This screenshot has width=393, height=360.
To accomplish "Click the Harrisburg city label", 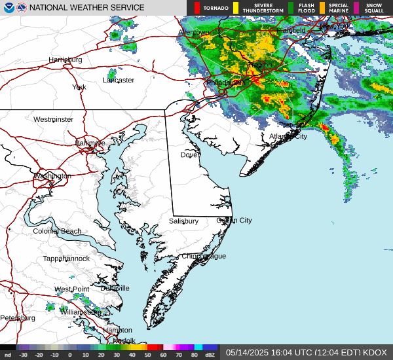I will coord(65,60).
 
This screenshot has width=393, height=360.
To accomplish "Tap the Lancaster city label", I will coord(119,81).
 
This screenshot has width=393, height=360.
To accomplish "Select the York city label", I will coord(79,87).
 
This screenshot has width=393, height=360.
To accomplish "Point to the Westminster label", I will coord(53,119).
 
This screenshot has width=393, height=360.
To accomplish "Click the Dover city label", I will coord(191,155).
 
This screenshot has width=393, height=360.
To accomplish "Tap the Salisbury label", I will coord(183,221).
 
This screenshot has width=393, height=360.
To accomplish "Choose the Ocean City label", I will coord(234,221).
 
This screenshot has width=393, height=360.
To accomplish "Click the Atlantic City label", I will coord(288,136).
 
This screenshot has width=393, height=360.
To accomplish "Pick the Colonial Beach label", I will coord(57,231).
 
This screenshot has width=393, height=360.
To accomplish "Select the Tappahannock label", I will coord(66,259).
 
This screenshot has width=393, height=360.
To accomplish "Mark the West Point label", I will coord(71,289).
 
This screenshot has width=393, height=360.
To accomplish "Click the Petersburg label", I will coord(18,318).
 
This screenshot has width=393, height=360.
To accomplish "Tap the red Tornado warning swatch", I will coord(197,8).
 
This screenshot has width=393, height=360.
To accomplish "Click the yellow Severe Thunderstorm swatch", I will coord(236,8).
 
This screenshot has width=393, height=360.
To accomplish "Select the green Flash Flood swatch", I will coord(291,8).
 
